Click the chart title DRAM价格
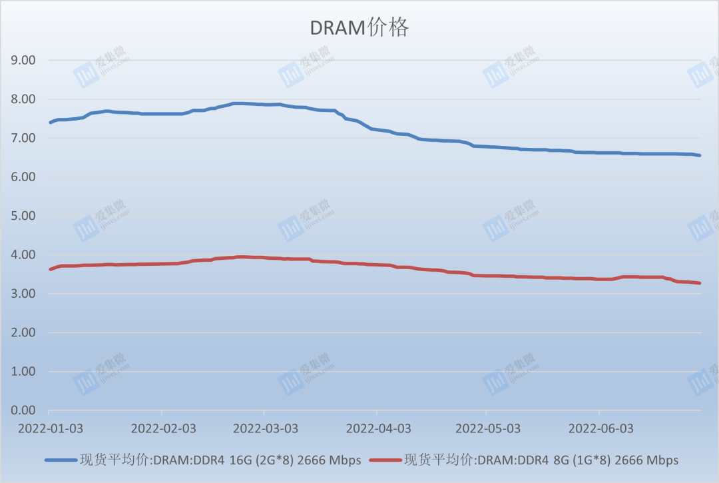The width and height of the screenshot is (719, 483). (359, 28)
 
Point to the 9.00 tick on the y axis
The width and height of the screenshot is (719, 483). (23, 60)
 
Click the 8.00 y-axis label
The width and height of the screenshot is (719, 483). (23, 99)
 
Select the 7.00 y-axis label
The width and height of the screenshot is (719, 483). (23, 138)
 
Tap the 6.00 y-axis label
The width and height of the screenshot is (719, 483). (23, 177)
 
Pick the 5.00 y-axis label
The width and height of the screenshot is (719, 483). (23, 216)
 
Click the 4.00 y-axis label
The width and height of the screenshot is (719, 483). (23, 255)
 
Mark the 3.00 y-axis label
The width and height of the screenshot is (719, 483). (23, 294)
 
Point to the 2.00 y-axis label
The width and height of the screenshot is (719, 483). (23, 333)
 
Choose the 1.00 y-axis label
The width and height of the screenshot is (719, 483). (23, 372)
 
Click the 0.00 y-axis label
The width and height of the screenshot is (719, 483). (23, 411)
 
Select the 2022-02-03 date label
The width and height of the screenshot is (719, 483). (162, 428)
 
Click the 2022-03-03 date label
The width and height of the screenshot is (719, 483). (264, 428)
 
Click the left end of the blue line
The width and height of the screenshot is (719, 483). (50, 122)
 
